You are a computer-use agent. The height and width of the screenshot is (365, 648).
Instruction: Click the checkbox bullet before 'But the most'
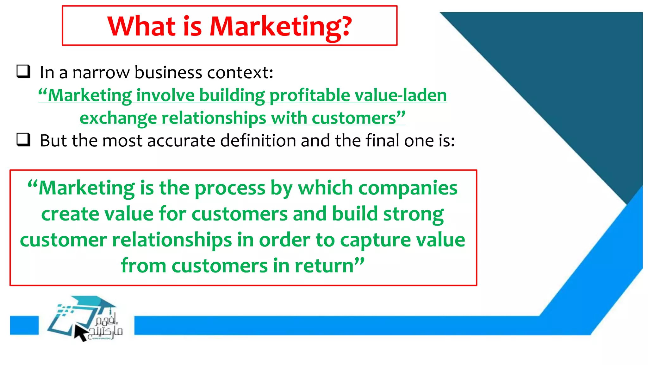[x=24, y=139]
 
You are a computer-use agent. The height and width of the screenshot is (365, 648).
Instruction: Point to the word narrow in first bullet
[x=101, y=73]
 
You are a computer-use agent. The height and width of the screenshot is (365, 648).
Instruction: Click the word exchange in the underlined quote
[x=118, y=118]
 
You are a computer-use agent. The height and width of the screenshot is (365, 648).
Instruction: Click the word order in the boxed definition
[x=284, y=240]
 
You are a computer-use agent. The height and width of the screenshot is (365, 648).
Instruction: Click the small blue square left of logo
[x=24, y=325]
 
